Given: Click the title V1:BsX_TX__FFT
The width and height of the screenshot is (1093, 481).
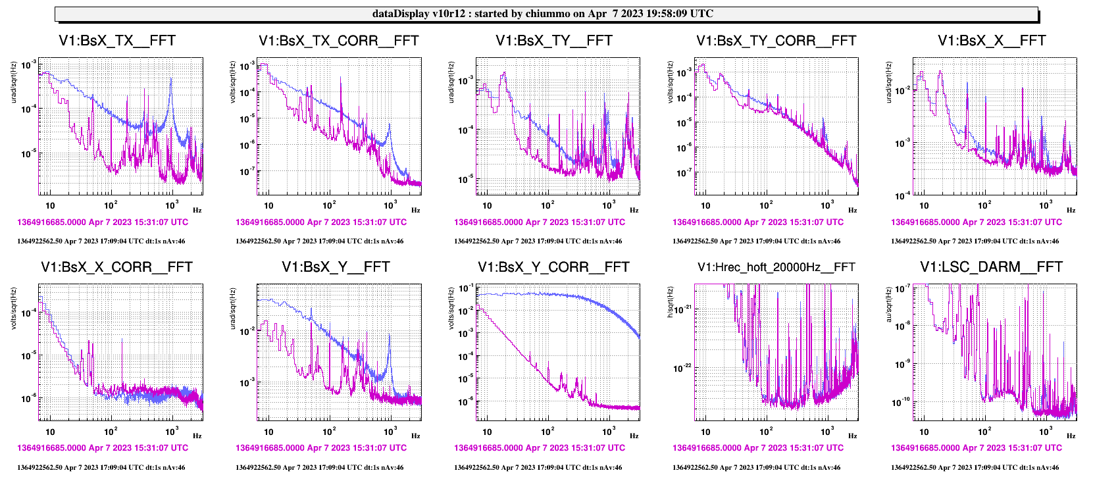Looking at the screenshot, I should [x=117, y=41].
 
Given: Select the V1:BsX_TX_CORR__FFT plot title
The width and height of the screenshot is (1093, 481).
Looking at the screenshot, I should [x=339, y=41].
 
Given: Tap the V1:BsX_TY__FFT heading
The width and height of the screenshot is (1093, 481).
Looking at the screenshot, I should [x=554, y=41].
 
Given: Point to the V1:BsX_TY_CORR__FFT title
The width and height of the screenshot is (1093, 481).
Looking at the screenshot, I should [x=776, y=41].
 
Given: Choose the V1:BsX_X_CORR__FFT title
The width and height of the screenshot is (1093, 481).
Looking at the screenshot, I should [x=116, y=267].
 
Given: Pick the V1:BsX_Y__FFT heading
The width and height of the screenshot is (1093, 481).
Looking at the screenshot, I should [x=336, y=267].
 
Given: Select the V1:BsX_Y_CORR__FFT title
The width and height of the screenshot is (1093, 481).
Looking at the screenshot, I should [x=553, y=267].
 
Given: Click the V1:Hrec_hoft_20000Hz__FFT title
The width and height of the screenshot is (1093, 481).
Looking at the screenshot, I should [x=776, y=267].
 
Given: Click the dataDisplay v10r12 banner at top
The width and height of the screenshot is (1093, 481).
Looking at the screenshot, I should [x=542, y=14].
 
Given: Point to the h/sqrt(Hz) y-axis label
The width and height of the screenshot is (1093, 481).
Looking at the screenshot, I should [x=670, y=302].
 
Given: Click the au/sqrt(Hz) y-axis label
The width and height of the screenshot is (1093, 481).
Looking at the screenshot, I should [x=888, y=303].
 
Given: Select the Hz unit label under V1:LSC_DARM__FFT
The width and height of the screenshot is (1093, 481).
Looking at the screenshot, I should [x=1071, y=436].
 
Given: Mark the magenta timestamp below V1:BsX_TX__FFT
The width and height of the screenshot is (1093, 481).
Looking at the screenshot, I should [x=103, y=222].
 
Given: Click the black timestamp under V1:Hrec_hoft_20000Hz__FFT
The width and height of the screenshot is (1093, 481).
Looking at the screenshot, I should [x=756, y=468].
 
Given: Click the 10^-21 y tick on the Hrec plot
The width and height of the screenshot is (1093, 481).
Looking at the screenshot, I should [x=682, y=309].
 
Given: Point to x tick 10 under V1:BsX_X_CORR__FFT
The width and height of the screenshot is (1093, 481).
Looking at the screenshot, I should [x=50, y=432].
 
